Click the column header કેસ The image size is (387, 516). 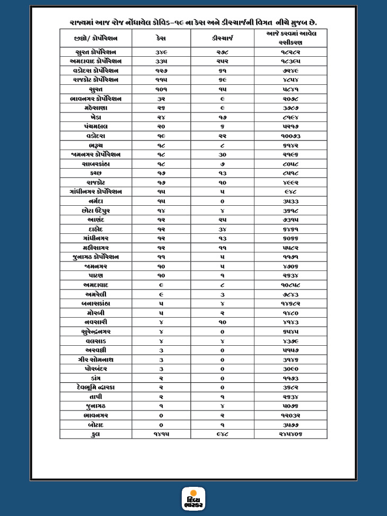coord(161,38)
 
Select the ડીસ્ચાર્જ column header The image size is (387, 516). coord(222,38)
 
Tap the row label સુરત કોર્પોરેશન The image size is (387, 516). coord(96,52)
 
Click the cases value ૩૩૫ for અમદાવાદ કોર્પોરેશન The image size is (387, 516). coord(161,61)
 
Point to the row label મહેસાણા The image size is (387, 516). coord(96,108)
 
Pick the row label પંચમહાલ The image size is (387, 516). coord(96,126)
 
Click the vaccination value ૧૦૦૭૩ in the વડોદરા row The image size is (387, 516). coord(291,136)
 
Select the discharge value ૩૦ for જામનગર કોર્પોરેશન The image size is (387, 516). coord(222,154)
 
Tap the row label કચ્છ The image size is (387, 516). coord(96,173)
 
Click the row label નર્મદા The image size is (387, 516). coord(96,201)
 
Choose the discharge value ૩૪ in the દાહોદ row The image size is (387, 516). coord(222,229)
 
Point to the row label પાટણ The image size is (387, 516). coord(96,276)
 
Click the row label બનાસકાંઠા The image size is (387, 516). coord(96,303)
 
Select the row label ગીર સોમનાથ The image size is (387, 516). coord(96,360)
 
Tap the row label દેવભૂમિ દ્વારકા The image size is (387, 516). coord(96,387)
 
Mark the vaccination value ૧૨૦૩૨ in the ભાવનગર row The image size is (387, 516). coord(291,415)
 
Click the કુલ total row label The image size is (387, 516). coord(96,434)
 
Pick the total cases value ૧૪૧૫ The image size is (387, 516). coord(161,434)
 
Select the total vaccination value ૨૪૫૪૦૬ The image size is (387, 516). coord(291,434)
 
